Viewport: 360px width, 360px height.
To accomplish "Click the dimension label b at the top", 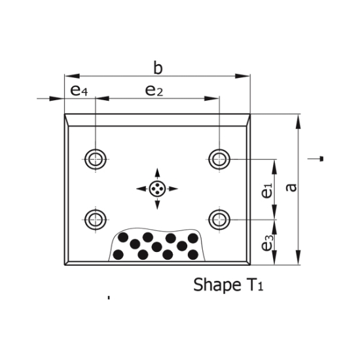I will [x=158, y=67].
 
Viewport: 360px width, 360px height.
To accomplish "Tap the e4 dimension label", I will [x=79, y=90].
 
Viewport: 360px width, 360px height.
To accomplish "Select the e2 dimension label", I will [x=154, y=90].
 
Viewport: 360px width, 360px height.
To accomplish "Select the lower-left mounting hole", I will [x=96, y=217].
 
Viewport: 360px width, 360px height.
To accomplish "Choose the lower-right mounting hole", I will [x=219, y=217].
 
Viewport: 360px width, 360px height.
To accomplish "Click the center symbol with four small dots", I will [x=157, y=189].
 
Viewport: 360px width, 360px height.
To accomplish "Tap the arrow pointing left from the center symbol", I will [x=141, y=189].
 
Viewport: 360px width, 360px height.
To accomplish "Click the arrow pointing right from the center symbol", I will [x=173, y=189].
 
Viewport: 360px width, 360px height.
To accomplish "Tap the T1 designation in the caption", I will [x=256, y=285].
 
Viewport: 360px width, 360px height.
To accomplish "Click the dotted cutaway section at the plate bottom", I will [x=157, y=245].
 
